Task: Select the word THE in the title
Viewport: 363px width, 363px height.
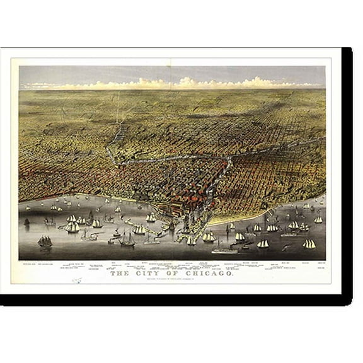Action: [121, 274]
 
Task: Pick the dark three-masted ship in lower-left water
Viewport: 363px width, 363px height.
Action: [45, 241]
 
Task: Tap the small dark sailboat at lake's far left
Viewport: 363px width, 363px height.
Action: [26, 222]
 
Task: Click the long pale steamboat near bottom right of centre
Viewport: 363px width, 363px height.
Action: [224, 250]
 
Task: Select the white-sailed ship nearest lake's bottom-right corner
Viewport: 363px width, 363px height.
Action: [309, 243]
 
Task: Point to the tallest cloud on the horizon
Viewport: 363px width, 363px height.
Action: [187, 81]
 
